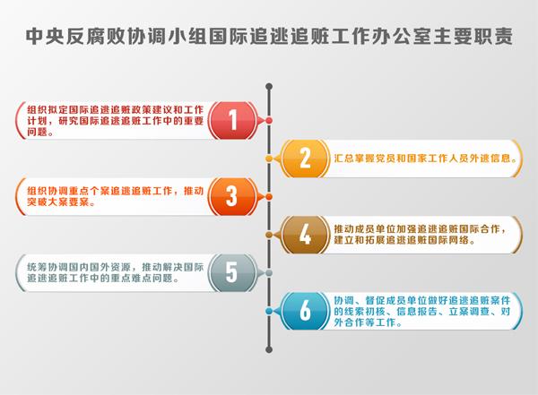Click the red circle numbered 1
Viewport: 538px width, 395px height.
point(233,120)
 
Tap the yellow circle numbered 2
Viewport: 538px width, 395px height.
point(305,159)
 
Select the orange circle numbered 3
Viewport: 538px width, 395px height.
point(233,197)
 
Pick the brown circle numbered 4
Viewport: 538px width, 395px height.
point(305,235)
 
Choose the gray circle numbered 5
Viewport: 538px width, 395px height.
point(233,273)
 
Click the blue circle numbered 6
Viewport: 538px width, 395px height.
point(305,311)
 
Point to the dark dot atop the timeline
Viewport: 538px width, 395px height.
point(269,86)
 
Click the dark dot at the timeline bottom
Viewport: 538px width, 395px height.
point(269,349)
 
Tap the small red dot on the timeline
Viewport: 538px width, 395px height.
point(269,120)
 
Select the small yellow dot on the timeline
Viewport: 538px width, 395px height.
point(269,159)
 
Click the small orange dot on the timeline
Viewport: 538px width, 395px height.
point(269,197)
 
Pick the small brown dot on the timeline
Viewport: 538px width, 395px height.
point(269,235)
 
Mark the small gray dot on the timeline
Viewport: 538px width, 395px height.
point(269,273)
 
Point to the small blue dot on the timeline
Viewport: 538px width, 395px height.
point(269,311)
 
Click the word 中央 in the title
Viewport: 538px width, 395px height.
point(46,36)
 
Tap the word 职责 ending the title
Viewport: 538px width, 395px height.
point(493,36)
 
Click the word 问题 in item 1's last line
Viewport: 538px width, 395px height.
point(37,132)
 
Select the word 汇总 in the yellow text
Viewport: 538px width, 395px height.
point(343,159)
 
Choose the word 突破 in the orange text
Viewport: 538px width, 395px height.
point(37,202)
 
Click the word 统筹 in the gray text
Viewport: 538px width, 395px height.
point(37,268)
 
